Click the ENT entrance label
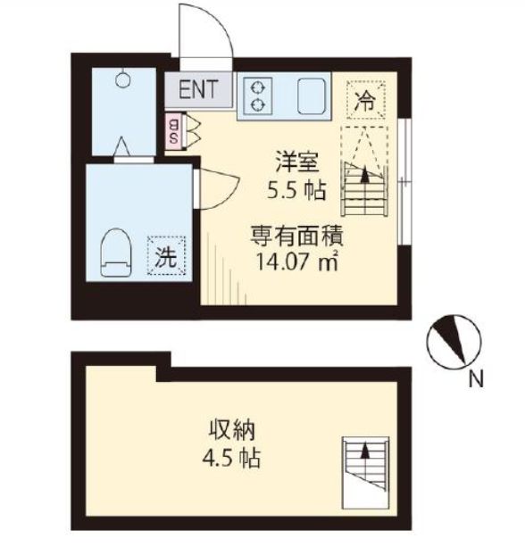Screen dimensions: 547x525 coord(197,88)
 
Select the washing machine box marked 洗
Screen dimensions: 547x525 coord(167,256)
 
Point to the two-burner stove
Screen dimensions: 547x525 coord(258,96)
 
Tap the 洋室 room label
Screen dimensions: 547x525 coord(295,164)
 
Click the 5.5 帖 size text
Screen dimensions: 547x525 coord(295,189)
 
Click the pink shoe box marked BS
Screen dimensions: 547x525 coord(173,132)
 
